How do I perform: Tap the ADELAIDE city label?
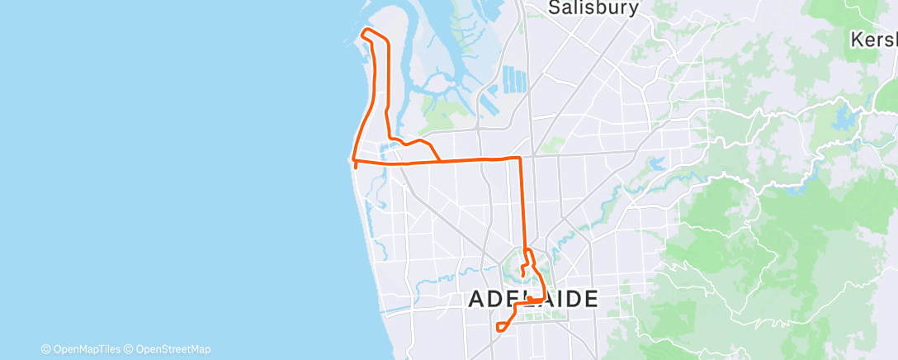pyautogui.click(x=532, y=299)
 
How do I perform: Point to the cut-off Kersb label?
pyautogui.click(x=875, y=39)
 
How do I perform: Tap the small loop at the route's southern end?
pyautogui.click(x=501, y=327)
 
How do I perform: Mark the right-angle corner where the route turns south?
pyautogui.click(x=520, y=157)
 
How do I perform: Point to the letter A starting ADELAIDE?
pyautogui.click(x=477, y=299)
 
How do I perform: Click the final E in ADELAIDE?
pyautogui.click(x=588, y=299)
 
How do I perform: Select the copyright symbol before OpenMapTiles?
pyautogui.click(x=45, y=349)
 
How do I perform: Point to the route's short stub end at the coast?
pyautogui.click(x=356, y=166)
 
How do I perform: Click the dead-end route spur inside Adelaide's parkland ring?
pyautogui.click(x=523, y=273)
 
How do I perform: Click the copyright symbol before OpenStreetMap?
pyautogui.click(x=129, y=349)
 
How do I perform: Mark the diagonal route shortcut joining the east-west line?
pyautogui.click(x=434, y=152)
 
